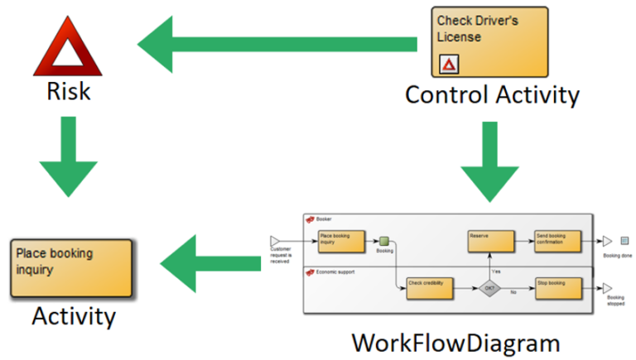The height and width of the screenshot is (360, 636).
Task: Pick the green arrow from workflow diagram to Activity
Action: click(x=211, y=262)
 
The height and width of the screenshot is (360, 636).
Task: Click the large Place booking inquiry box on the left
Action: click(x=71, y=269)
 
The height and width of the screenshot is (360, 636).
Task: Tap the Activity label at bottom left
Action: click(x=74, y=316)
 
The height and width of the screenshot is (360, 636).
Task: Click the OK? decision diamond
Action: click(x=490, y=288)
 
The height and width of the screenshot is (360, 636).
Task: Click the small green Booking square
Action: click(x=384, y=241)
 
